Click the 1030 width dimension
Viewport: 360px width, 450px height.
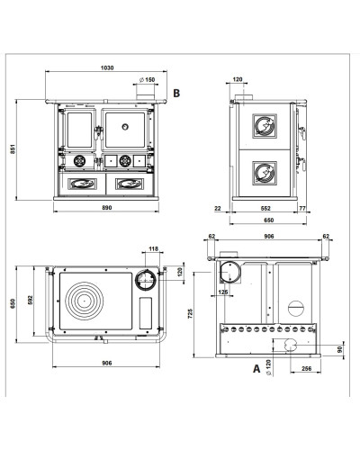point(107,67)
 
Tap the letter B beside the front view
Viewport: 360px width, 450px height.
point(176,93)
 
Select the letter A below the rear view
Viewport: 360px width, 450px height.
point(256,368)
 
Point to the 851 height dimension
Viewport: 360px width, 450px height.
point(13,149)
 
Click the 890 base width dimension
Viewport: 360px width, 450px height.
point(107,208)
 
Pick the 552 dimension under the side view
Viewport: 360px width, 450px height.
point(265,208)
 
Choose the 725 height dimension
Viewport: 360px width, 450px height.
point(191,313)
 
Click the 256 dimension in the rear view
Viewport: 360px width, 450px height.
point(306,369)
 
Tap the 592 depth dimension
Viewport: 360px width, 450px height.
point(30,301)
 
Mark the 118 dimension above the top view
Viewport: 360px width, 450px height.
point(153,248)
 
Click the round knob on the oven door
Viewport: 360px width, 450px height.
point(125,127)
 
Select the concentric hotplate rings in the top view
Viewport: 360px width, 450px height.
point(85,301)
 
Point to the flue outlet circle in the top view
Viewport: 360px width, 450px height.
point(146,280)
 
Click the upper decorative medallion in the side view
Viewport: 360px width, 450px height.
point(265,126)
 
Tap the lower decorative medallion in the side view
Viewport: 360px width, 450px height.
point(265,173)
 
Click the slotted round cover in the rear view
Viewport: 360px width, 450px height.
point(296,308)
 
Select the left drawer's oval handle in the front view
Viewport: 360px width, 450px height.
point(82,184)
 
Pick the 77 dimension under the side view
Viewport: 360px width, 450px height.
point(302,208)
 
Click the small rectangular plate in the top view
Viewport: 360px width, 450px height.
point(146,313)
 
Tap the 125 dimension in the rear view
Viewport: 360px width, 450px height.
point(223,292)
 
